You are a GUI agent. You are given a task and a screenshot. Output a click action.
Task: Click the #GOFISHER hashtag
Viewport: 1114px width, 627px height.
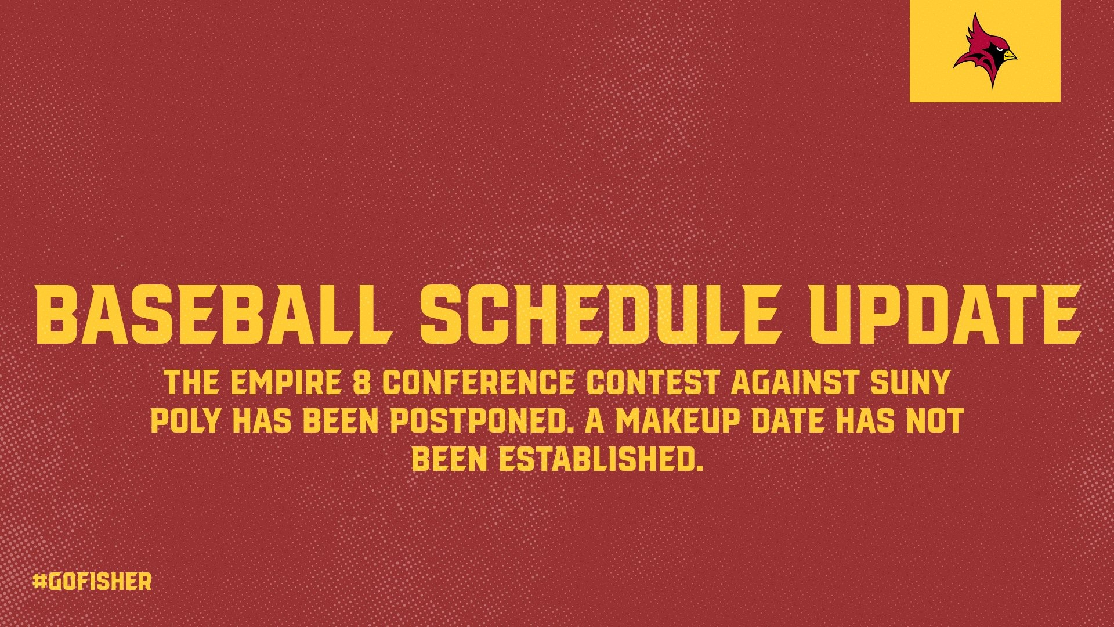point(92,582)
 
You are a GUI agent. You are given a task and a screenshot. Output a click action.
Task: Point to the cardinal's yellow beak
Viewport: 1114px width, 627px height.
point(1009,55)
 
